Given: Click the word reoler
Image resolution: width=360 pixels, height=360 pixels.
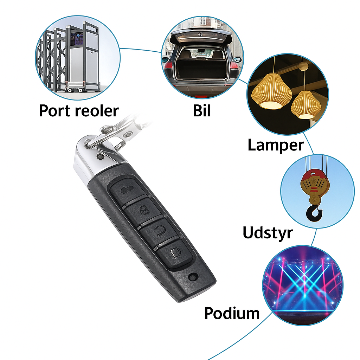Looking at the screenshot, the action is pos(97,111).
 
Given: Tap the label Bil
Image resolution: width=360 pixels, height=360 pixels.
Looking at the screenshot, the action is pos(201,110).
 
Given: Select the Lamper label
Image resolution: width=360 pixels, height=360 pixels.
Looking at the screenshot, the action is pos(276,145).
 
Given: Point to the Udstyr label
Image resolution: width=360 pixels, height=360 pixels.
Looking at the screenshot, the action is pos(268,233).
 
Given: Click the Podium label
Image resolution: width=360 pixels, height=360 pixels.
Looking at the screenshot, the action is pos(232,313).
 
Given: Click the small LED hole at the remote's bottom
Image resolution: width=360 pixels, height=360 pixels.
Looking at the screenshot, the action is pos(193,277).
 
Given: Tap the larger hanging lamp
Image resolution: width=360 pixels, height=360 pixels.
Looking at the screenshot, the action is pos(272,91).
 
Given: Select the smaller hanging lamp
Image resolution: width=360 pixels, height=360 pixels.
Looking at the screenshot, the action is pos(306,105).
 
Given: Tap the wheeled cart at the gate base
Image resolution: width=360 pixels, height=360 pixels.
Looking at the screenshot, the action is pos(75,86).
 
